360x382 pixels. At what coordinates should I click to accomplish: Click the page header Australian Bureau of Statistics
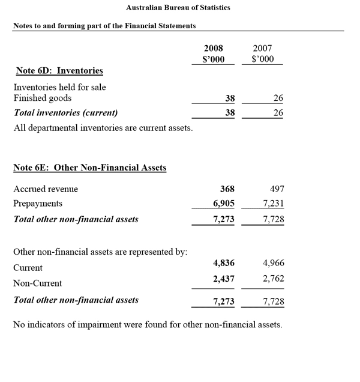178,8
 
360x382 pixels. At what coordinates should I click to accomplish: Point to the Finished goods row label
42,98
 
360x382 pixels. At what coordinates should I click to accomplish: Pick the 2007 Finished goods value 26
278,98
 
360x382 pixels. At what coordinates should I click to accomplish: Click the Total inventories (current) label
65,112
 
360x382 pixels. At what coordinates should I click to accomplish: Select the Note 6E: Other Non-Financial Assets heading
89,168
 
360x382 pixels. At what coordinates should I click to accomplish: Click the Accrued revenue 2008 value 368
227,189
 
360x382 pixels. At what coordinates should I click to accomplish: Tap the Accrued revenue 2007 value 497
276,189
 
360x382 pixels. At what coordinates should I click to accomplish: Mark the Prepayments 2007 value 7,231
274,204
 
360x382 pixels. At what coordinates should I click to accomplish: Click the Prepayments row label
37,204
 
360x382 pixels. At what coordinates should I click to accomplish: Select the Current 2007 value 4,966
274,263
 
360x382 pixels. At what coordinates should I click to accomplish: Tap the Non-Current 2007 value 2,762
274,279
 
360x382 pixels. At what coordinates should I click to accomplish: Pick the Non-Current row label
37,283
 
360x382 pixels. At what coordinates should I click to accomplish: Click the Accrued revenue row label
46,189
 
